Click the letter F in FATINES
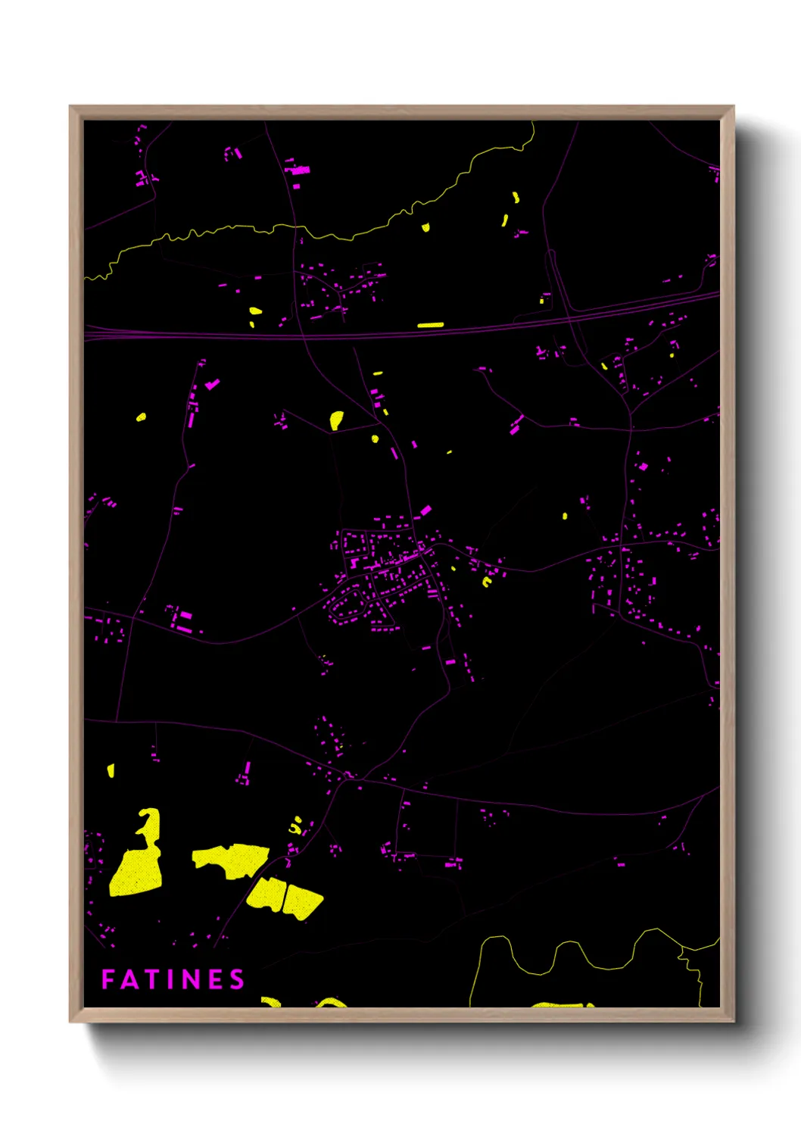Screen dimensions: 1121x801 pos(108,979)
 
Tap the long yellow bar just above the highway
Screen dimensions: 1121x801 pos(430,325)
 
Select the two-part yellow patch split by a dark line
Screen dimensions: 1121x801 pos(285,898)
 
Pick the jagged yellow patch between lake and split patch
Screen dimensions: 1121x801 pos(232,859)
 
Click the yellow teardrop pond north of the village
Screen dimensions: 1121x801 pos(336,419)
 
